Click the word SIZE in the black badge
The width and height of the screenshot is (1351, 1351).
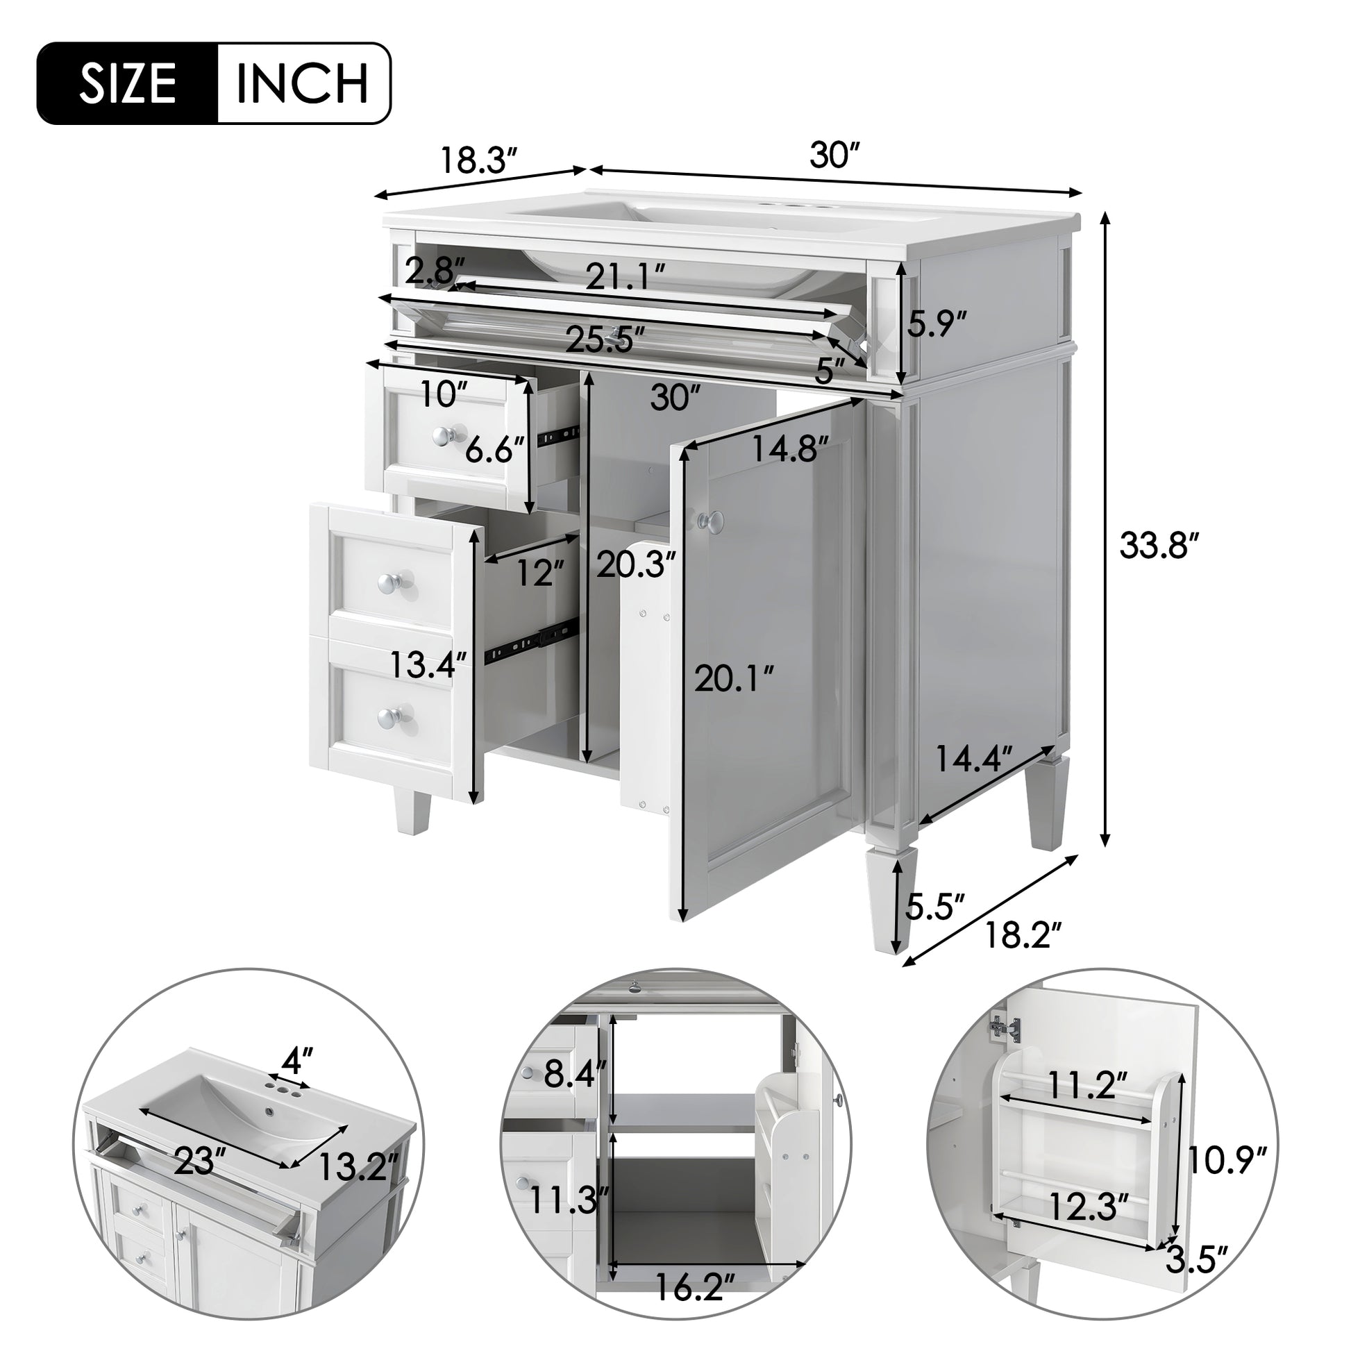point(127,84)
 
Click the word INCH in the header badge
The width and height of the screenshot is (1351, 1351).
point(302,84)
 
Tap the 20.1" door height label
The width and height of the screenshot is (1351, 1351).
point(734,678)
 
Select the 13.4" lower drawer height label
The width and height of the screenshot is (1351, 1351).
point(428,664)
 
